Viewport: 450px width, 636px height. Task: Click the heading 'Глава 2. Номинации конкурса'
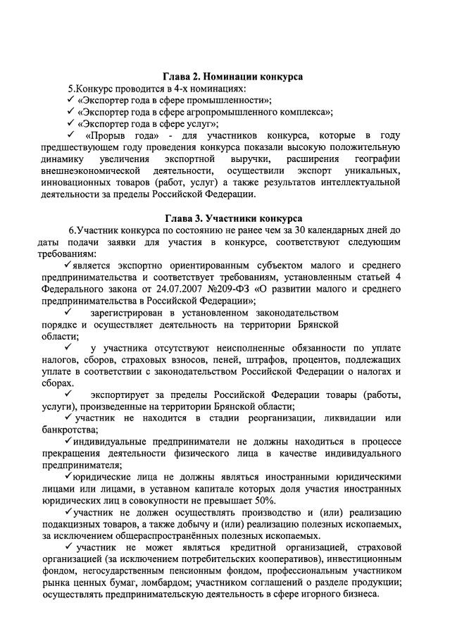pos(233,77)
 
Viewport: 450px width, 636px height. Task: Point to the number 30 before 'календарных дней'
pos(313,230)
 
